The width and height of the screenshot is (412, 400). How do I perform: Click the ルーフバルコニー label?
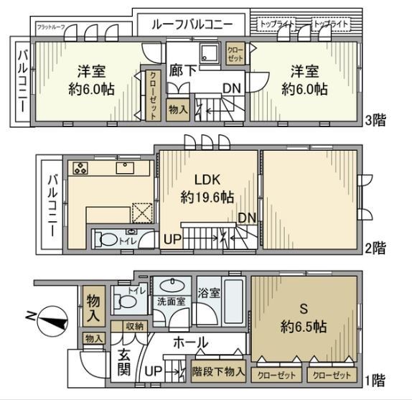coord(191,24)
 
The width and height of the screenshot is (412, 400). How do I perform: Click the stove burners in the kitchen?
coord(80,169)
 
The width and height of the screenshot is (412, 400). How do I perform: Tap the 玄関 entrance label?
coord(123,363)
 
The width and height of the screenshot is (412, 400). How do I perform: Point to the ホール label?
coord(190,343)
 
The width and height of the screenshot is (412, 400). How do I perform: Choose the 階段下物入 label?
coord(220,373)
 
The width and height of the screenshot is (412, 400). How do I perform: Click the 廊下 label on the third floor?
coord(179,71)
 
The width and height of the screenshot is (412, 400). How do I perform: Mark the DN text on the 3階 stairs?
coord(231,88)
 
